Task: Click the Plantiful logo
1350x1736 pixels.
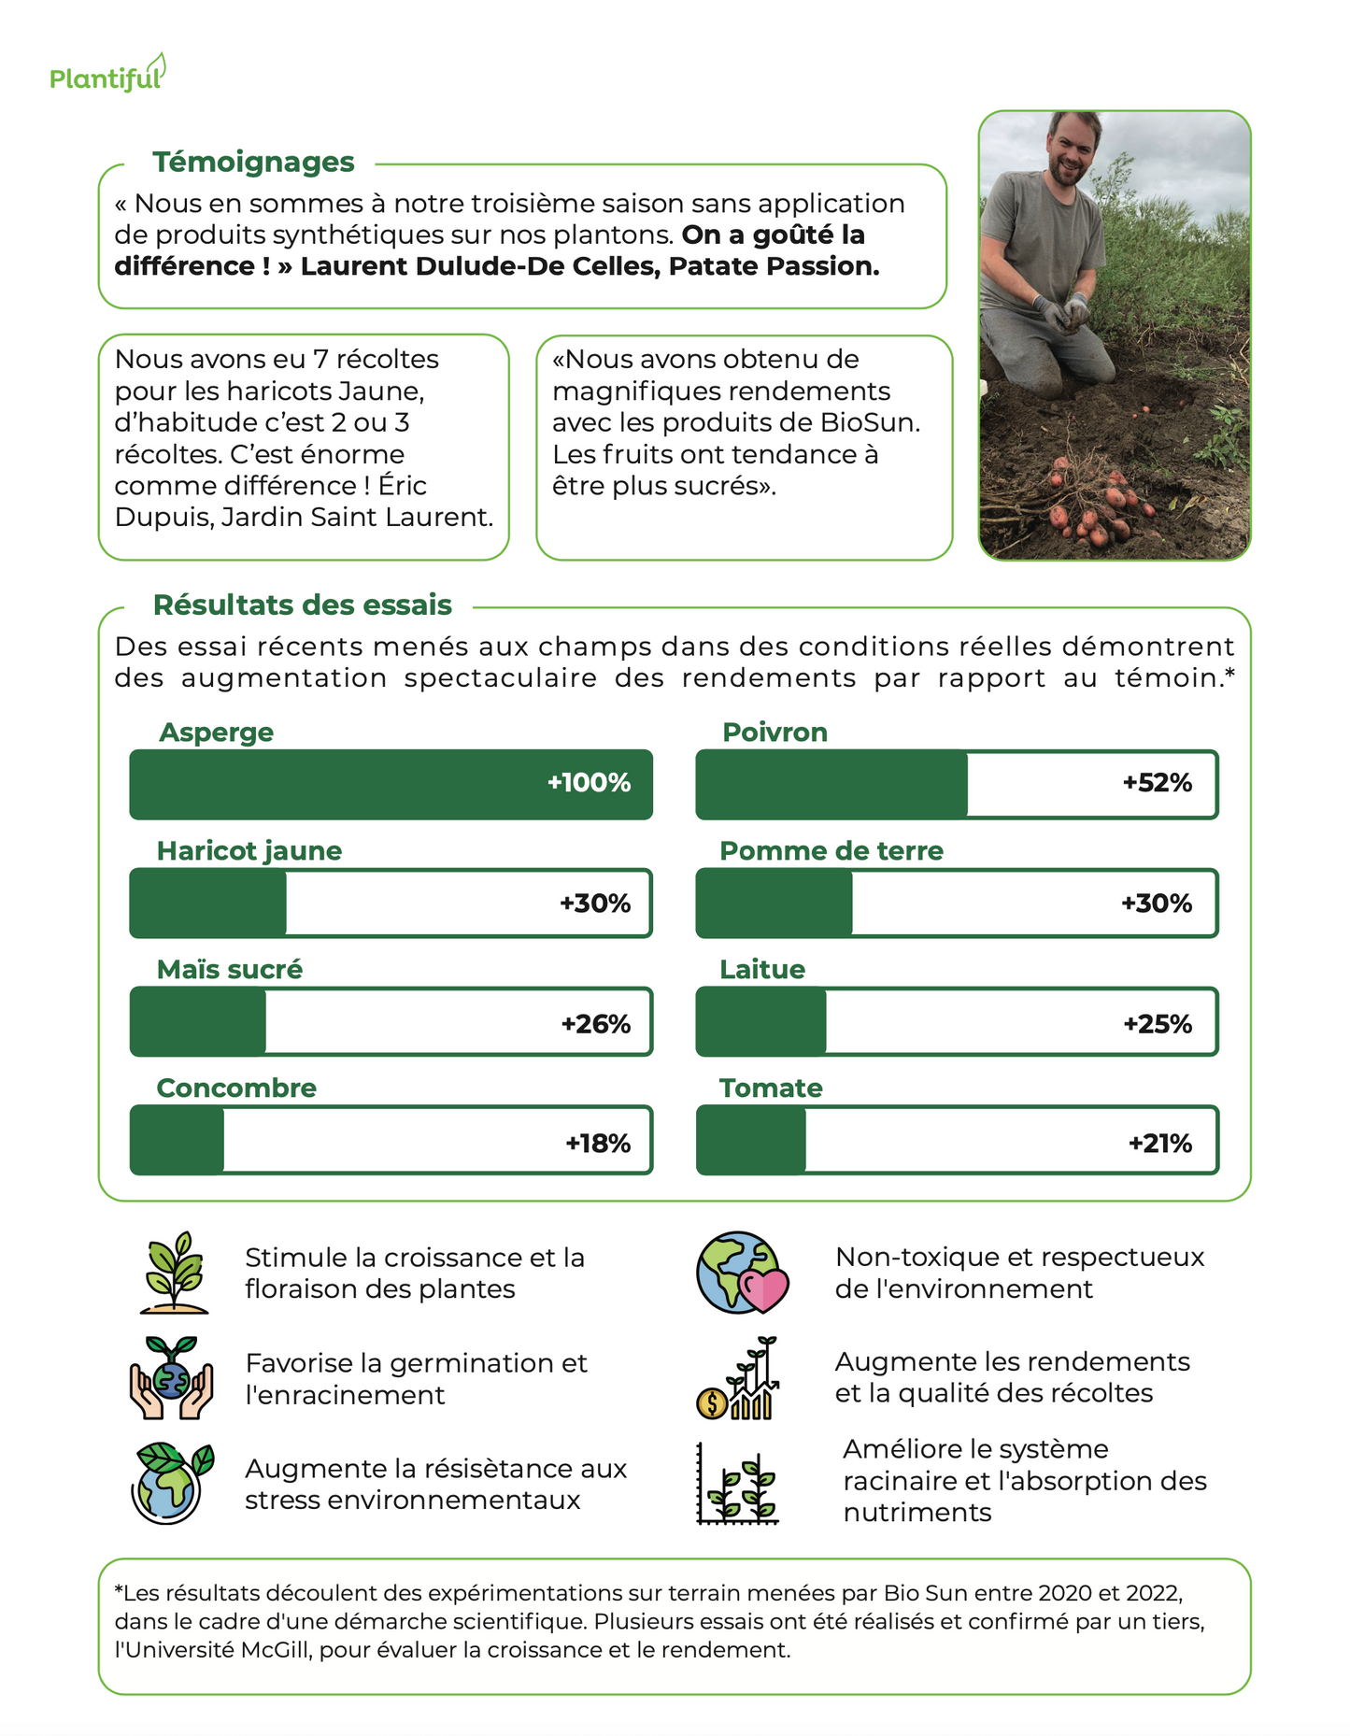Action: coord(107,76)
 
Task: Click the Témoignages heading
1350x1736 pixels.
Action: coord(253,162)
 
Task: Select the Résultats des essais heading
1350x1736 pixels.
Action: coord(302,605)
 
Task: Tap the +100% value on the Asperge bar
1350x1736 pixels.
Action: coord(589,783)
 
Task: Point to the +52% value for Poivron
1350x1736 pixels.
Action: coord(1157,783)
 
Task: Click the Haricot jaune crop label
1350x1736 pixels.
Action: coord(249,850)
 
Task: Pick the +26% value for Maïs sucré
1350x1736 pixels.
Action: coord(595,1024)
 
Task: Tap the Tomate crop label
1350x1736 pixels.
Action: coord(771,1088)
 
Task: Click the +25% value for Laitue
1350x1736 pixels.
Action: coord(1157,1024)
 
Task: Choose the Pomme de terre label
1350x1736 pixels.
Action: coord(831,850)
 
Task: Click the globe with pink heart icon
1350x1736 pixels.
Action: coord(742,1273)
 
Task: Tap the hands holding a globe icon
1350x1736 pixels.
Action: coord(171,1379)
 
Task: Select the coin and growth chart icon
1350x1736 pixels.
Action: coord(738,1379)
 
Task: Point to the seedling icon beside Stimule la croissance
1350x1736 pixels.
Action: coord(174,1273)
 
